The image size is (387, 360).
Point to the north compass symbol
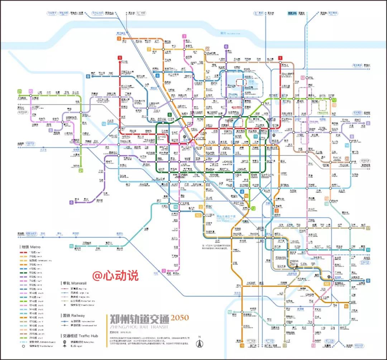[x=200, y=342]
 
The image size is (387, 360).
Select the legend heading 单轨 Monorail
[x=74, y=283]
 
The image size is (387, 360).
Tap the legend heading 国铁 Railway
[x=73, y=316]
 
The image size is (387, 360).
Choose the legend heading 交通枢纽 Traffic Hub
[x=80, y=336]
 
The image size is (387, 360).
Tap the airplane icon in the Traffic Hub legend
[x=64, y=347]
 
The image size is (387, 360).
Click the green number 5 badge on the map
[x=170, y=115]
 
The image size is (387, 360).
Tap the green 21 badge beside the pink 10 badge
[x=20, y=91]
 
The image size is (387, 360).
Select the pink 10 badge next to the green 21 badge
[x=31, y=91]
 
